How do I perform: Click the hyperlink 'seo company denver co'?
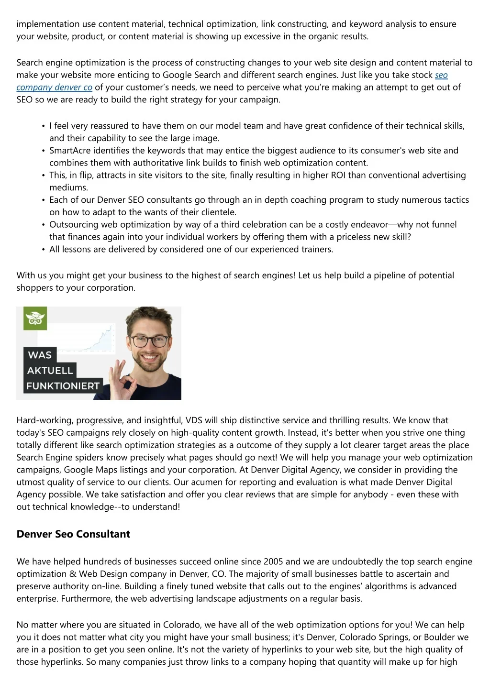[x=54, y=88]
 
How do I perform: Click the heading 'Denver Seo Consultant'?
[x=73, y=534]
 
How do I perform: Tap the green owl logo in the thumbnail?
[x=35, y=319]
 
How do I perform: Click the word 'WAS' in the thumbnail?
[x=40, y=355]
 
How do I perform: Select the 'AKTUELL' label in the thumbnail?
[x=50, y=371]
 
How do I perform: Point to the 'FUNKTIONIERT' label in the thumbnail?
[x=63, y=386]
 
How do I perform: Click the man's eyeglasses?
[x=150, y=341]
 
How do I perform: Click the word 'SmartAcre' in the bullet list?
[x=70, y=151]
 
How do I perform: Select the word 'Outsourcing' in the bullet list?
[x=73, y=225]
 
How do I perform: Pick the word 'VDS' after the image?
[x=194, y=420]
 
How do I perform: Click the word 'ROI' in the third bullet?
[x=338, y=175]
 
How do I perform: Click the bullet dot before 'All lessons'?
[x=44, y=250]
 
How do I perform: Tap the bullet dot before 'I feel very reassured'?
[x=44, y=126]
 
